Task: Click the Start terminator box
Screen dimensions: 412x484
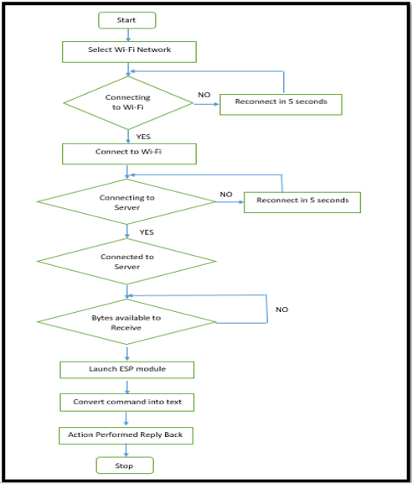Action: (x=127, y=20)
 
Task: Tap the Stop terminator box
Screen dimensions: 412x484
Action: (x=125, y=466)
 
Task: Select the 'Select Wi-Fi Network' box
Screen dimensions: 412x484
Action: (x=129, y=52)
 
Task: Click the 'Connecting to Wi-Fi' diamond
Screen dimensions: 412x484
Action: (x=128, y=103)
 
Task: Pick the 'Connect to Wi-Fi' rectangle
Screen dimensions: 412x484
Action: (x=129, y=154)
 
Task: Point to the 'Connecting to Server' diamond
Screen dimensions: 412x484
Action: (x=126, y=201)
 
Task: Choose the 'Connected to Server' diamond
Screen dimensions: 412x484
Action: (x=126, y=261)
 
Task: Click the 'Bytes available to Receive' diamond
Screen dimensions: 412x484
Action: (x=126, y=321)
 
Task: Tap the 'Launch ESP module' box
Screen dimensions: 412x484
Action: (x=127, y=370)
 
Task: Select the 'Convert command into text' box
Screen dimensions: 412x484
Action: (x=127, y=402)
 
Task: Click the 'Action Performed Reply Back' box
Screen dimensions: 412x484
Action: (x=126, y=435)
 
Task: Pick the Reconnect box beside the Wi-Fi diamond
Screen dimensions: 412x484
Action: (x=281, y=105)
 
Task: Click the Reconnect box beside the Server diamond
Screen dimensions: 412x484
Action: (x=302, y=202)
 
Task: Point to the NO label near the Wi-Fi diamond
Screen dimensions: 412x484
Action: (x=204, y=95)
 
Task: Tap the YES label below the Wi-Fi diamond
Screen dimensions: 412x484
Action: (x=143, y=137)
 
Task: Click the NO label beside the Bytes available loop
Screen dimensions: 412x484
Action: (x=282, y=310)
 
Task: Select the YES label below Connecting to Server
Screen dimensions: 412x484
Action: (x=147, y=232)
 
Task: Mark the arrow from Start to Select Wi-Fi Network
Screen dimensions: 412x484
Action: (x=128, y=35)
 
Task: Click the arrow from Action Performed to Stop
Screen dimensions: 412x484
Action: (x=126, y=450)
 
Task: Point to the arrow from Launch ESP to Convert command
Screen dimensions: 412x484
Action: (x=127, y=386)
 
